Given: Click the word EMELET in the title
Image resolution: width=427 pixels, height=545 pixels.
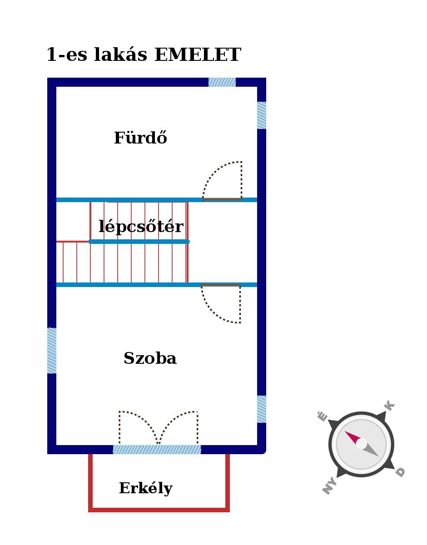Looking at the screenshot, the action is tap(198, 54).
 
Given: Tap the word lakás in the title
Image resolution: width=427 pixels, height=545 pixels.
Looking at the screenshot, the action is tap(120, 54).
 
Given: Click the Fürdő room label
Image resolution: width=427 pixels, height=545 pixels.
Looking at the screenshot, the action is tap(140, 138).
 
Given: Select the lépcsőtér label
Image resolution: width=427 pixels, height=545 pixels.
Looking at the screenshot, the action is tap(141, 227).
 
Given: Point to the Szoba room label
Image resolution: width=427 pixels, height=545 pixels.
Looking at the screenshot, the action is tap(150, 358).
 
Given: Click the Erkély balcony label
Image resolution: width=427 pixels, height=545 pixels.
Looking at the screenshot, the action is tap(146, 488).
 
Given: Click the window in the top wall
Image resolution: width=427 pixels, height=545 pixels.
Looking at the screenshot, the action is tap(222, 82).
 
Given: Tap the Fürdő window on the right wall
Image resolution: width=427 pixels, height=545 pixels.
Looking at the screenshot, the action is tap(262, 115).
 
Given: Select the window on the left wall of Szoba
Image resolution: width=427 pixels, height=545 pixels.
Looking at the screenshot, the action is tap(52, 351).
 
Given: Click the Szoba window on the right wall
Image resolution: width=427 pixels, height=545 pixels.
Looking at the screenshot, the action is tap(262, 409).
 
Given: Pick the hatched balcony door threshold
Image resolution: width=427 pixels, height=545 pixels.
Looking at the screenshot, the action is tap(157, 450).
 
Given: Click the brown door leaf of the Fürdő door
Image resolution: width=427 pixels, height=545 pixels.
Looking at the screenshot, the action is tap(222, 199).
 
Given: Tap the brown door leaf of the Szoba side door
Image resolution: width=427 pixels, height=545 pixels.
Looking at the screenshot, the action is tap(221, 285).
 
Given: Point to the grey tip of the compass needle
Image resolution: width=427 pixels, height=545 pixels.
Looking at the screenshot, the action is tap(378, 456).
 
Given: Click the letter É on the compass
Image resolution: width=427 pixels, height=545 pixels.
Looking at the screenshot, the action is tap(323, 416).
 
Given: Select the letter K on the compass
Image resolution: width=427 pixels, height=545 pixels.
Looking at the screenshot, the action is tap(389, 405).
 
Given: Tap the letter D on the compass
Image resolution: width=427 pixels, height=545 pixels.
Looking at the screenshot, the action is tap(400, 472).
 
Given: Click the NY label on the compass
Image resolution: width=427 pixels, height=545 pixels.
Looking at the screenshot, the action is tap(329, 486).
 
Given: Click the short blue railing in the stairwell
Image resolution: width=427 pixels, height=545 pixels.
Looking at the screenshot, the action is tap(139, 242).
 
